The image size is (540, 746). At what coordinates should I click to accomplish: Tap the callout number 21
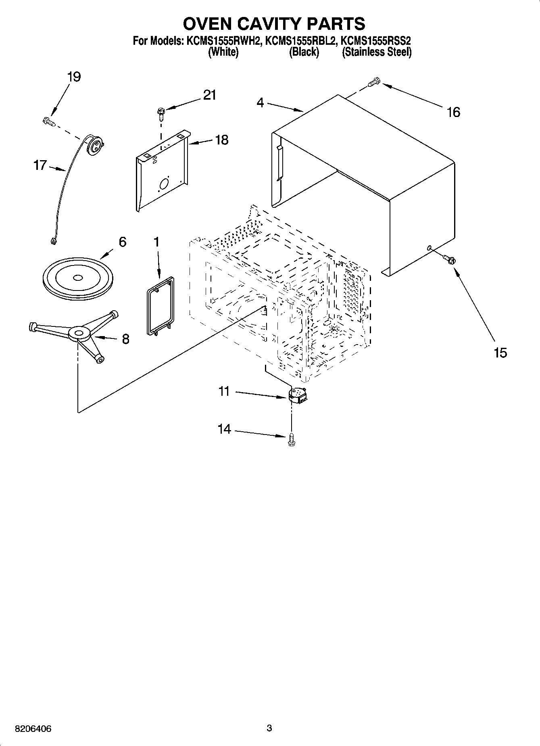click(x=209, y=95)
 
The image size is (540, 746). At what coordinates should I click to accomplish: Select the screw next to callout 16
click(x=374, y=82)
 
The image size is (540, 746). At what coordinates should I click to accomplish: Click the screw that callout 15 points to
click(x=448, y=259)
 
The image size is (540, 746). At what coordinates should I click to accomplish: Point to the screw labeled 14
click(x=292, y=440)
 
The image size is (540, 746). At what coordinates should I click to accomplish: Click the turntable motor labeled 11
click(x=298, y=395)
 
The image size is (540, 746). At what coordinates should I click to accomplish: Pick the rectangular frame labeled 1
click(x=160, y=305)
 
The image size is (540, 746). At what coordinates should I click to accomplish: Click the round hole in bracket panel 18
click(x=165, y=184)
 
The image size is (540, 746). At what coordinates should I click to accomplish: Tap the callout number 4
click(x=260, y=103)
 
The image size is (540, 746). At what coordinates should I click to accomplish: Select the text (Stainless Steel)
click(x=376, y=52)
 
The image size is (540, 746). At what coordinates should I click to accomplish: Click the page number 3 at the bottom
click(x=269, y=728)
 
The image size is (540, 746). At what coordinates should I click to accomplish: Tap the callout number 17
click(x=40, y=165)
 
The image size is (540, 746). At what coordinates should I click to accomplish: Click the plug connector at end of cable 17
click(x=52, y=242)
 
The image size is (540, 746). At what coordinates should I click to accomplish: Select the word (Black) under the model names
click(x=304, y=52)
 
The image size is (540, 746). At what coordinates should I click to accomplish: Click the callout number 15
click(x=500, y=353)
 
